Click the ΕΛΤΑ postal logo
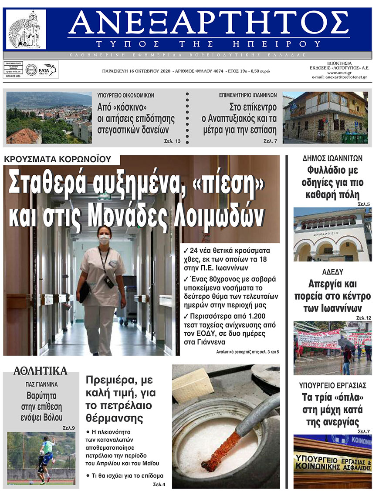(x=46, y=70)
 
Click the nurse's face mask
(x=104, y=239)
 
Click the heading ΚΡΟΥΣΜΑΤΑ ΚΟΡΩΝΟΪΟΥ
(x=58, y=159)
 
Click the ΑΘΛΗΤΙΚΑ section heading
(x=41, y=371)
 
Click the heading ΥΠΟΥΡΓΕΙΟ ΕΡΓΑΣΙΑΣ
(x=332, y=385)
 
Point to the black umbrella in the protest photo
(x=346, y=343)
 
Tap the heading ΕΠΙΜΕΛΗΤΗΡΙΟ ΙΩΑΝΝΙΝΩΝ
(x=248, y=95)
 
